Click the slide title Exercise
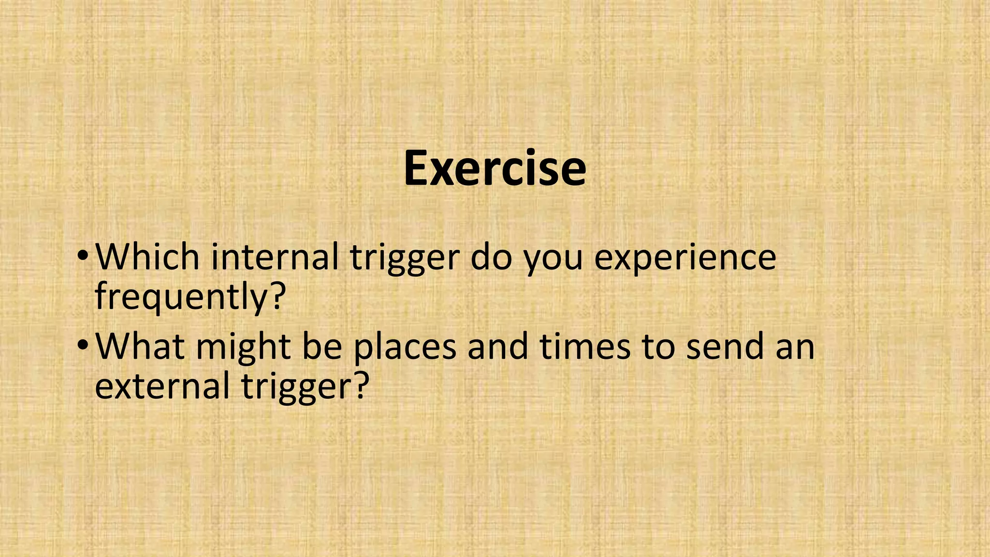[495, 168]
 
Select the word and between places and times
[497, 346]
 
